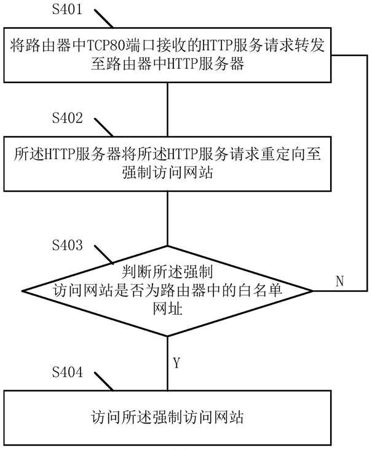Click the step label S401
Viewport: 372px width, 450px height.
tap(67, 9)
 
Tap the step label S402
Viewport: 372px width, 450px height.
tap(67, 117)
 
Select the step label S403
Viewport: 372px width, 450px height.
tap(67, 245)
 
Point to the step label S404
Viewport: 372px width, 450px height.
tap(67, 372)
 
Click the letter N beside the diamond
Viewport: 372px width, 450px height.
tap(339, 281)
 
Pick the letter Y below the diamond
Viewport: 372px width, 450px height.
tap(176, 363)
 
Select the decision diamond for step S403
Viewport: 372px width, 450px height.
tap(168, 291)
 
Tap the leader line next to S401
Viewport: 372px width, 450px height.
tap(104, 18)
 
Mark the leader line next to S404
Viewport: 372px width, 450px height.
tap(104, 381)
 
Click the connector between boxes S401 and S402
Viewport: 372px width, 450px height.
tap(168, 109)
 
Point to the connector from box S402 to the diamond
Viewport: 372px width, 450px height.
tap(168, 218)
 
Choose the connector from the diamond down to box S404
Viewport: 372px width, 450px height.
tap(168, 363)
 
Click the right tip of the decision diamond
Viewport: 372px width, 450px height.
tap(313, 291)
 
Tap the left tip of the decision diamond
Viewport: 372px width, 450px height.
tap(23, 291)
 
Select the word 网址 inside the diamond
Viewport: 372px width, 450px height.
tap(168, 309)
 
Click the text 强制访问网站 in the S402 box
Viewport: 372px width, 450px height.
tap(168, 173)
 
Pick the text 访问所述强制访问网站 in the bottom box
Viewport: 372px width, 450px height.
tap(168, 417)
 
